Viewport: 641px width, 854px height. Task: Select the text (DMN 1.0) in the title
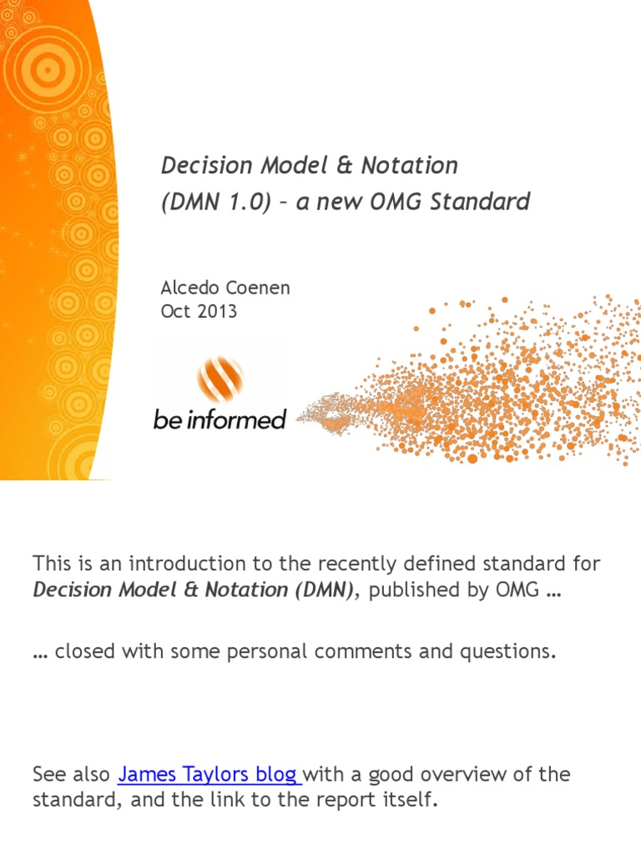click(x=215, y=202)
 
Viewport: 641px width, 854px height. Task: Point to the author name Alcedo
click(x=188, y=289)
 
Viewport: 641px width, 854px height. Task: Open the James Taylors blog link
click(x=209, y=774)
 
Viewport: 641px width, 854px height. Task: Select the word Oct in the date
click(x=174, y=312)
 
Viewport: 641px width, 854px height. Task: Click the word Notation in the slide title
click(x=409, y=165)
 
